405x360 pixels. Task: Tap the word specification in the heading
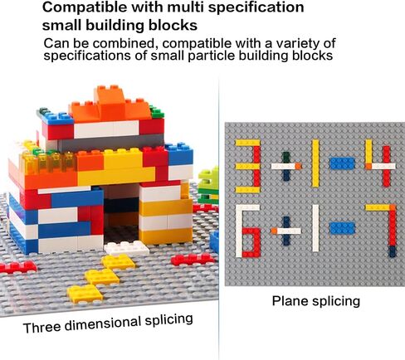tap(256, 8)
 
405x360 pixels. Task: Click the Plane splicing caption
tap(316, 301)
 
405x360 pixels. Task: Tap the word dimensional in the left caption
tap(102, 324)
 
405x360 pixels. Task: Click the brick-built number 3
tap(248, 166)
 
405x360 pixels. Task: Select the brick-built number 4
tap(380, 163)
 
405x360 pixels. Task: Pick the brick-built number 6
tap(248, 231)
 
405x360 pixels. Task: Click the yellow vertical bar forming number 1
tap(315, 163)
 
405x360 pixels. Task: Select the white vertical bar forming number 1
tap(315, 228)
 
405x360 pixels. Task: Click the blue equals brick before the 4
tap(342, 163)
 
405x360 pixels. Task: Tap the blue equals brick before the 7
tap(342, 228)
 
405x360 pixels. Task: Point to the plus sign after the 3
tap(286, 166)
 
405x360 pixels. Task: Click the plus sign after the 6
tap(286, 231)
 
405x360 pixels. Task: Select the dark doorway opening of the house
tap(121, 218)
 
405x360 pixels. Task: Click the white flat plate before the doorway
tap(127, 248)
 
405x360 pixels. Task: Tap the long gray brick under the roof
tap(110, 144)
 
